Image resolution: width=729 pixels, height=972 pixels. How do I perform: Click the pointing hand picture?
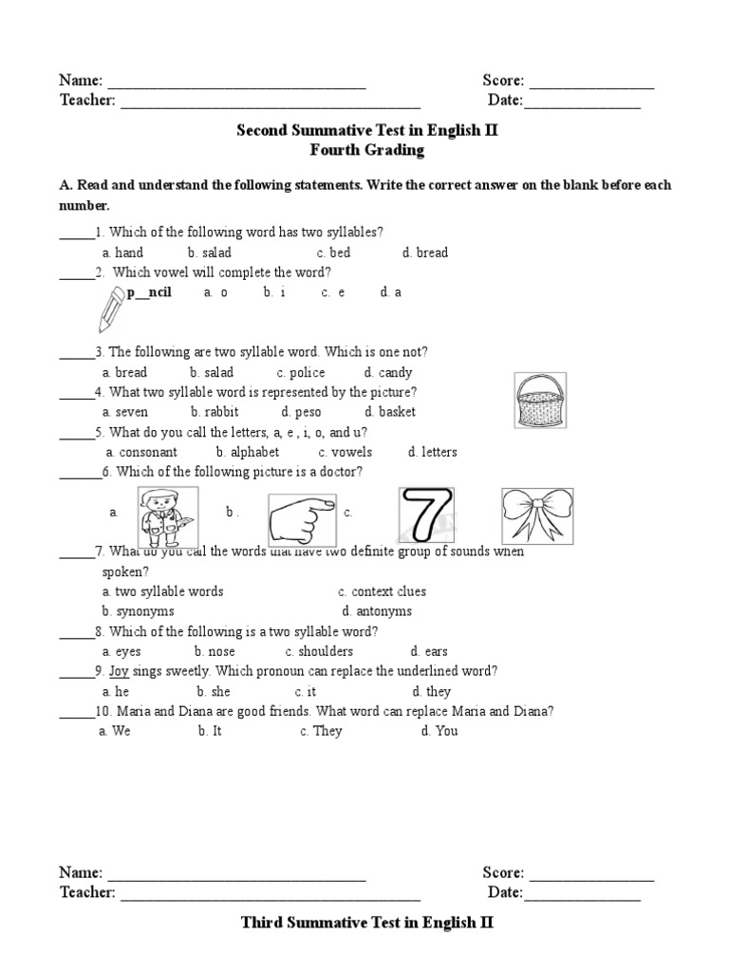point(301,517)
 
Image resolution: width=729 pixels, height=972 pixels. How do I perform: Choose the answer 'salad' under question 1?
point(215,252)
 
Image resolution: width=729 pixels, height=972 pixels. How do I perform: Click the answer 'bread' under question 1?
point(432,252)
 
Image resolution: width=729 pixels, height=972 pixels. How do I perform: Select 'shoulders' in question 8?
point(325,651)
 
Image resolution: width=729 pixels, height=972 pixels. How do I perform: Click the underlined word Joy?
point(119,671)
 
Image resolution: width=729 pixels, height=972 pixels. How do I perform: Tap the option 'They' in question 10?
point(327,731)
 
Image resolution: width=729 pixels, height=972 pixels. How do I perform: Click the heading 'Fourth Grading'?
point(366,150)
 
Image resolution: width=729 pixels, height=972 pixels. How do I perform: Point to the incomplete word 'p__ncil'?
point(149,292)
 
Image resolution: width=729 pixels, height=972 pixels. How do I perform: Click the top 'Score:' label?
point(503,81)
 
